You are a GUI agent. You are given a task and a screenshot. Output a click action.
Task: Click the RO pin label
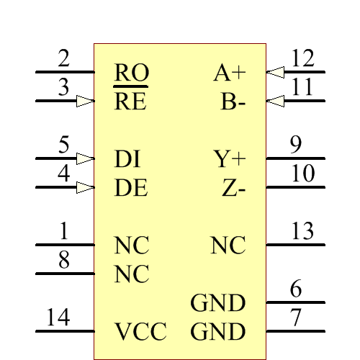point(131,73)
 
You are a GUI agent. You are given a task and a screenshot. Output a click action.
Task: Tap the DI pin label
point(127,159)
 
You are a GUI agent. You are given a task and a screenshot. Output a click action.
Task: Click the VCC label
point(140,332)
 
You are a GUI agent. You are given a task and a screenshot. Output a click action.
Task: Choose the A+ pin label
point(230,73)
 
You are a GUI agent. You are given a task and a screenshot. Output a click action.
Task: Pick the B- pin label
point(233,102)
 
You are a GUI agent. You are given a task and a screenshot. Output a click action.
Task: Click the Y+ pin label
point(230,159)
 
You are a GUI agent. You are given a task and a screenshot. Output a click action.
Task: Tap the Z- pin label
point(234,188)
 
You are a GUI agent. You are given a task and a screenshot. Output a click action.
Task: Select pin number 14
point(58,318)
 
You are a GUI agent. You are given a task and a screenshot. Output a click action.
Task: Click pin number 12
point(303,58)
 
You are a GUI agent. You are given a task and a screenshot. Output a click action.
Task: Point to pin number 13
point(303,231)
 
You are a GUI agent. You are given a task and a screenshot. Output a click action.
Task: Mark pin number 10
point(303,174)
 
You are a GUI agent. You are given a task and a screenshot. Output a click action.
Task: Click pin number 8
point(64,260)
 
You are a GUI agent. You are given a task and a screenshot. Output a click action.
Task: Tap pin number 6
point(296,289)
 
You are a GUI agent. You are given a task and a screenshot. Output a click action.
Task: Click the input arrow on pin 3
point(86,102)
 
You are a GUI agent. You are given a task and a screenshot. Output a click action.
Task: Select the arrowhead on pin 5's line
point(86,158)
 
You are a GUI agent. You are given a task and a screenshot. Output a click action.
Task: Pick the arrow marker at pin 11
point(275,102)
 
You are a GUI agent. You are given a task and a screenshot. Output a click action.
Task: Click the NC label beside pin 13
point(228,246)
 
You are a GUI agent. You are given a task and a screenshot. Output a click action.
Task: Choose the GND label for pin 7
point(218,332)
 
